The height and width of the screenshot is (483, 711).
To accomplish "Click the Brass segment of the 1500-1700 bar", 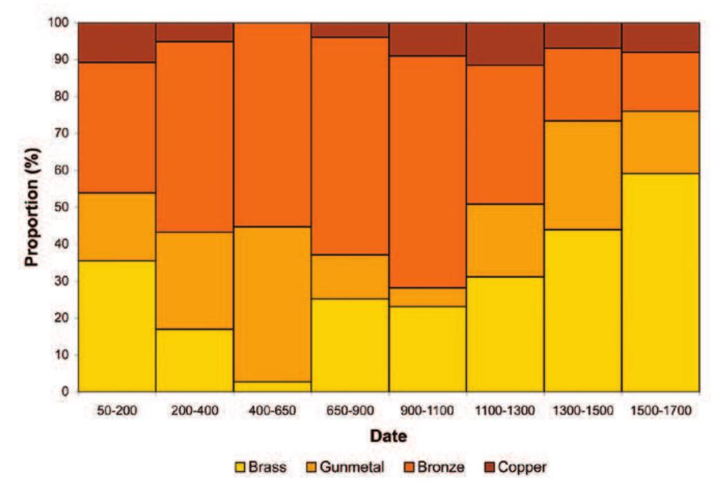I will tap(660, 282).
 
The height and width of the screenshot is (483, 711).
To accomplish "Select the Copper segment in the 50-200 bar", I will tap(116, 42).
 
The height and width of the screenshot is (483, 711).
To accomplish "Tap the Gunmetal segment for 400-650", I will tap(272, 304).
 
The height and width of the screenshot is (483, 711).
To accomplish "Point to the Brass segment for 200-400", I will tap(194, 360).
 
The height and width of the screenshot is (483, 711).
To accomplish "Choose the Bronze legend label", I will tap(441, 467).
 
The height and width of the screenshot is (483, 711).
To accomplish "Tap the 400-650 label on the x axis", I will tap(272, 410).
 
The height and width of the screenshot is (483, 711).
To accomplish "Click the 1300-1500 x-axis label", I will tap(582, 410).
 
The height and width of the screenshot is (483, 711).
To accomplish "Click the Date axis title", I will tap(388, 437).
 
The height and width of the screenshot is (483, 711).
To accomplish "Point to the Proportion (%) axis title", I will tap(31, 206).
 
